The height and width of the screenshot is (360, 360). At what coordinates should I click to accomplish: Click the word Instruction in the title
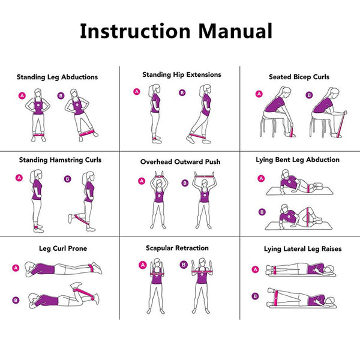click(131, 31)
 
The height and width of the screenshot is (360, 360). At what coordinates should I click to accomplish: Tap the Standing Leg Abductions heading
click(57, 77)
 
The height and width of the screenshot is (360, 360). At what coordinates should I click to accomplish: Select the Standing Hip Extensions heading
click(182, 75)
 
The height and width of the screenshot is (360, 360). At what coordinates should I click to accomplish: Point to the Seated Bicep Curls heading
click(299, 77)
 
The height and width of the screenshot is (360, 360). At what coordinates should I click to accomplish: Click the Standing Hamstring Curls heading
click(60, 160)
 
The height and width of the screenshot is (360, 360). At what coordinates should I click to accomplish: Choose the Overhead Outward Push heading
click(180, 162)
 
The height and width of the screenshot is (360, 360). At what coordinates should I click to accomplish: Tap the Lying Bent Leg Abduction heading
click(298, 160)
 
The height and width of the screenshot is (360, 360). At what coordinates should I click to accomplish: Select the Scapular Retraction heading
click(177, 248)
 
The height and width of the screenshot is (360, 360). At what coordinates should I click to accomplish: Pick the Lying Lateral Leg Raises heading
click(298, 248)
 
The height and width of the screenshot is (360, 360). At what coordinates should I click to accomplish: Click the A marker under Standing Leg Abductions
click(22, 95)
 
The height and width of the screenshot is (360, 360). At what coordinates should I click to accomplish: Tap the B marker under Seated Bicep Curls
click(309, 94)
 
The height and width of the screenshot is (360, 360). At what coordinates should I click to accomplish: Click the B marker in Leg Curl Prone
click(16, 299)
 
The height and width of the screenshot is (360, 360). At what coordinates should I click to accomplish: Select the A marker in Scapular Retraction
click(142, 265)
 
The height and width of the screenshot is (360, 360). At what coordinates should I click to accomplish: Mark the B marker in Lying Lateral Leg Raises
click(256, 296)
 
